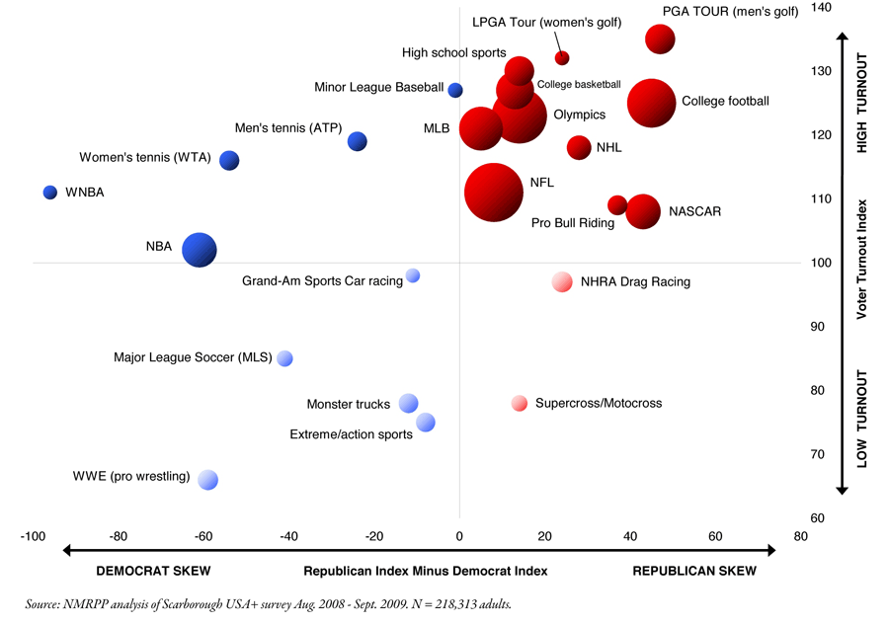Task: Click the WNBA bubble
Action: pos(50,192)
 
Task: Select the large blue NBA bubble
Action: pos(200,250)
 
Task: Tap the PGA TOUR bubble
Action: pos(660,39)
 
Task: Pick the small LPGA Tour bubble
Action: pos(562,58)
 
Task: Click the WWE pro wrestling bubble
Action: pos(207,480)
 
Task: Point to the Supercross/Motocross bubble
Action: pos(520,403)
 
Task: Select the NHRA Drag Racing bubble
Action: pos(562,281)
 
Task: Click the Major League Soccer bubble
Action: pos(285,358)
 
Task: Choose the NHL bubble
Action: pos(579,147)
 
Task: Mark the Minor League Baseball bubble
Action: pos(455,90)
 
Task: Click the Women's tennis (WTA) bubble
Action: pos(229,160)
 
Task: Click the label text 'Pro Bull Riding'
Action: pos(573,223)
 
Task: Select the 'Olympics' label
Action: pos(580,115)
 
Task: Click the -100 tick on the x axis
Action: pos(33,536)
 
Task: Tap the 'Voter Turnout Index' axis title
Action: pos(861,259)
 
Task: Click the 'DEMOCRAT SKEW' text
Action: pos(152,571)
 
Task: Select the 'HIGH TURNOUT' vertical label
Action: pos(861,110)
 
